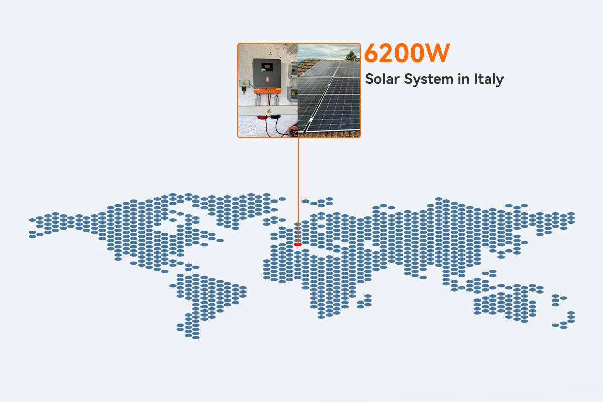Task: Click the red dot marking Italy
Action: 298,244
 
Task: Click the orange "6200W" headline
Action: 406,54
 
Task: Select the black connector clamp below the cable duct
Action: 276,117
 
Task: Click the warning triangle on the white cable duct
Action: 269,110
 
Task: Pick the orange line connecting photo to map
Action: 298,191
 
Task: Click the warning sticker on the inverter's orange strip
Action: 269,91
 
